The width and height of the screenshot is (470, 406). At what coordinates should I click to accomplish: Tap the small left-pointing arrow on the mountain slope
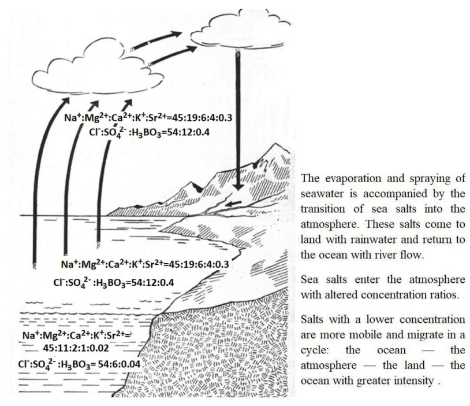233,204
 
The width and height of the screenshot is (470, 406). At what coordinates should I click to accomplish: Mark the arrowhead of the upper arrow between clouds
176,34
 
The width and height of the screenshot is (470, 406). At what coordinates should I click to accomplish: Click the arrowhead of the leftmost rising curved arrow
65,102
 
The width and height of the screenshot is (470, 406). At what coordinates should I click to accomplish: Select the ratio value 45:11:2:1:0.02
76,348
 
